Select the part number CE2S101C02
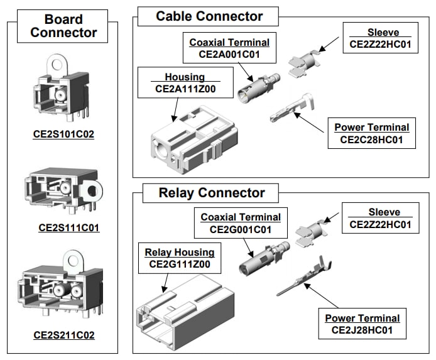63,133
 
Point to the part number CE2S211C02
63,335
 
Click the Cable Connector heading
209,16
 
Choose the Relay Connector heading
203,193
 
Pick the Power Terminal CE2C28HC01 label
371,133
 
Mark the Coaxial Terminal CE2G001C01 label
241,224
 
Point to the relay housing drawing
178,312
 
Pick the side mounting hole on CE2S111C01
96,188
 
